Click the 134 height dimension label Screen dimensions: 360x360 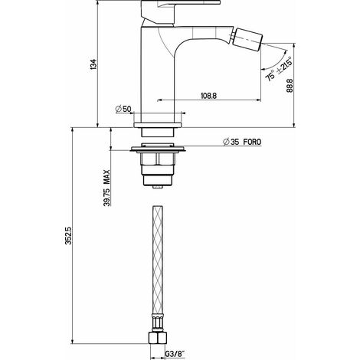pyautogui.click(x=93, y=64)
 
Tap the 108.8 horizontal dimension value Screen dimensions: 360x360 pyautogui.click(x=209, y=96)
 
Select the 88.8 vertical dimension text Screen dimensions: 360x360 pyautogui.click(x=290, y=86)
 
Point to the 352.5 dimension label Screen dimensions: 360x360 pyautogui.click(x=68, y=236)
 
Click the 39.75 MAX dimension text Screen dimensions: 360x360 pyautogui.click(x=107, y=188)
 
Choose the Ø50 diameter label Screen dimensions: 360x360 pyautogui.click(x=123, y=110)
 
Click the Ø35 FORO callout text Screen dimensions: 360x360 pyautogui.click(x=242, y=142)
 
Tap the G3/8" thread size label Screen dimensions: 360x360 pyautogui.click(x=175, y=354)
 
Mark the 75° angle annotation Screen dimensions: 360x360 pyautogui.click(x=270, y=76)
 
